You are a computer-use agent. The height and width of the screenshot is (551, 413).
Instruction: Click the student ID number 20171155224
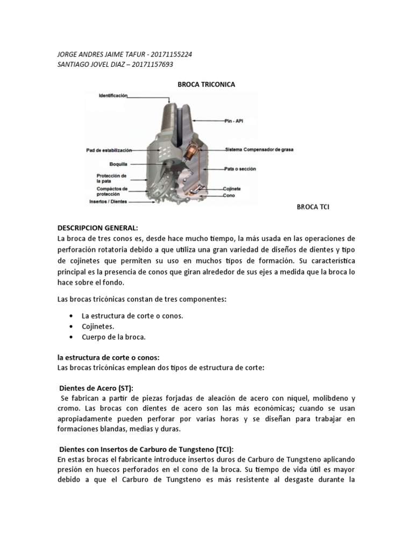[x=168, y=55]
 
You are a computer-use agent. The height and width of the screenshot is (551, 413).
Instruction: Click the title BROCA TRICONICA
[x=206, y=84]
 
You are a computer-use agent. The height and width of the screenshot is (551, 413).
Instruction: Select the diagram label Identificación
[x=113, y=95]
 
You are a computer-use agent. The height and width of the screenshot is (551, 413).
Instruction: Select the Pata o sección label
[x=240, y=169]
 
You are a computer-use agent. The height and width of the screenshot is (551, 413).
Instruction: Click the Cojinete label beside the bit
[x=232, y=189]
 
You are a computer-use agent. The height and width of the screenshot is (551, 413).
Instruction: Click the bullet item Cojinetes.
[x=97, y=327]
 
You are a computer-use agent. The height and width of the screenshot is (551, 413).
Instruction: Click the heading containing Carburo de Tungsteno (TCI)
[x=146, y=449]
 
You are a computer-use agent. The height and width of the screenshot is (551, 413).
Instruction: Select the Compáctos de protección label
[x=112, y=192]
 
